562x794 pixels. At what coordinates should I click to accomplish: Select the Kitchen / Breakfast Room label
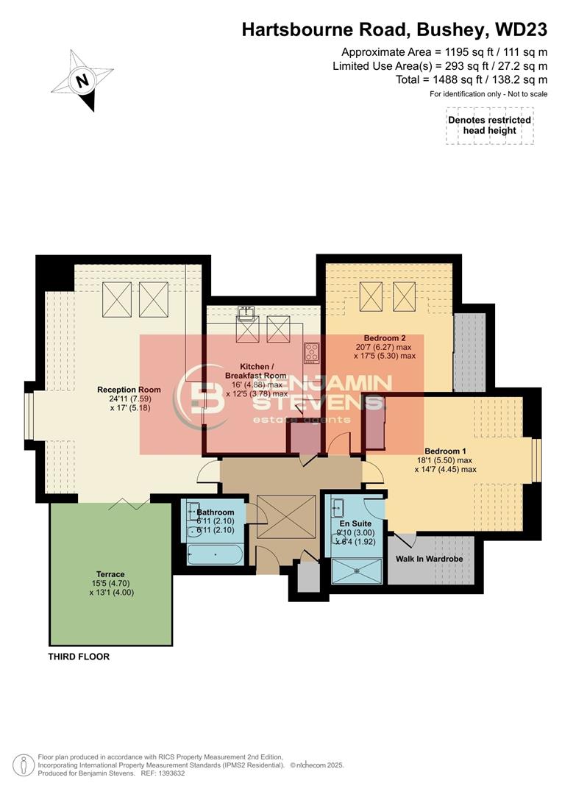[263, 370]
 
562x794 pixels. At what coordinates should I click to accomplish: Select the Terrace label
[110, 574]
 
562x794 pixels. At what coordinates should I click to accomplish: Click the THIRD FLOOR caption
[79, 657]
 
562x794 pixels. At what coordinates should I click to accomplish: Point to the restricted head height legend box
[488, 125]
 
